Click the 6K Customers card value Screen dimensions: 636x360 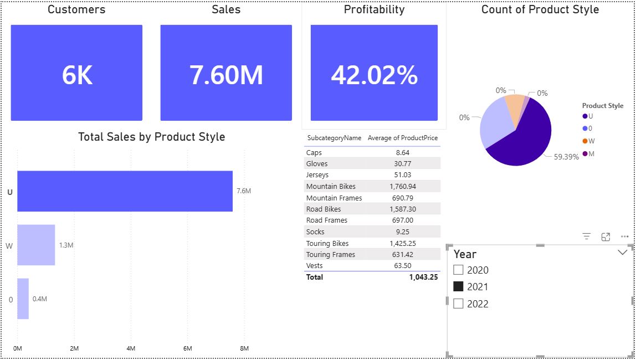click(x=77, y=75)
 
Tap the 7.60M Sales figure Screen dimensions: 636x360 click(x=226, y=75)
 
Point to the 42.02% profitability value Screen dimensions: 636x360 click(x=374, y=75)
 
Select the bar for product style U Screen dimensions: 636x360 click(x=125, y=191)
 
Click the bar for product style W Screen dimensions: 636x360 click(x=36, y=245)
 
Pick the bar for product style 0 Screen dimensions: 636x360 click(x=23, y=299)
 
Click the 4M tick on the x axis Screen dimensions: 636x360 click(x=131, y=348)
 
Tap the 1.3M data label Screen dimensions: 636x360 click(x=66, y=245)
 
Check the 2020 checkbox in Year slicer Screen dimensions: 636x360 click(x=458, y=270)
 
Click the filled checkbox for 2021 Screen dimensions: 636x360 click(x=458, y=287)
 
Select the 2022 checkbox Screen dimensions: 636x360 click(x=458, y=304)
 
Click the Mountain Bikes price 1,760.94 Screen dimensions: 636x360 click(x=403, y=187)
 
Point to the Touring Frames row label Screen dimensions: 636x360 click(x=331, y=255)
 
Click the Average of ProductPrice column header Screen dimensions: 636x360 click(x=403, y=138)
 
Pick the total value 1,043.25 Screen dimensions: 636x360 click(x=423, y=277)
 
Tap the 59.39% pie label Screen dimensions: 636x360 click(x=566, y=157)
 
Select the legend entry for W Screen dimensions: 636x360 click(x=588, y=141)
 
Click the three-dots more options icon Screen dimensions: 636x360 click(x=625, y=236)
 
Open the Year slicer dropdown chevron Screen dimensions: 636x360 click(x=622, y=253)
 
